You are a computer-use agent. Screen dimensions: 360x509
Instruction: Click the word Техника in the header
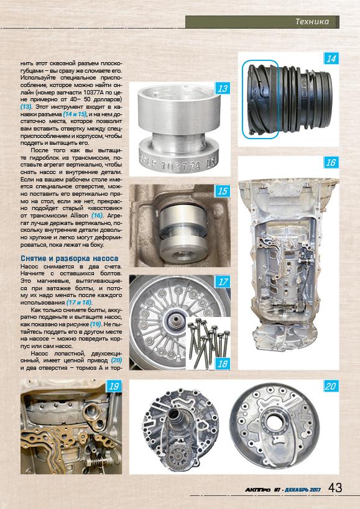(x=312, y=22)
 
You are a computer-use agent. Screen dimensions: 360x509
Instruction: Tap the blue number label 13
(x=223, y=88)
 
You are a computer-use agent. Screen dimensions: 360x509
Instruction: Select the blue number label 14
(x=331, y=59)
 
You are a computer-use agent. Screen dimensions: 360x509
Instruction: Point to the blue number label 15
(x=223, y=191)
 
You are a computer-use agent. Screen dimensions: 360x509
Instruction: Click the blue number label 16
(x=331, y=163)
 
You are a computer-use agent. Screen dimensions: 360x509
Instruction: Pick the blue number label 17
(x=223, y=282)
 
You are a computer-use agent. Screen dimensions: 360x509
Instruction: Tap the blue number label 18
(x=223, y=364)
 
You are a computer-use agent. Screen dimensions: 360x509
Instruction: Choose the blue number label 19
(x=114, y=387)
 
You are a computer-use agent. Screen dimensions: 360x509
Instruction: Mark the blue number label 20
(x=331, y=387)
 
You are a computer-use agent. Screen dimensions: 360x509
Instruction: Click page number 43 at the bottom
(x=335, y=488)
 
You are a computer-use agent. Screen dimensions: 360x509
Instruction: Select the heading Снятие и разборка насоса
(x=70, y=259)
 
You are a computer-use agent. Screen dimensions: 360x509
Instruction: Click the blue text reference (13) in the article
(x=26, y=107)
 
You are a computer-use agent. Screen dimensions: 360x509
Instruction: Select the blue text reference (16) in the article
(x=97, y=216)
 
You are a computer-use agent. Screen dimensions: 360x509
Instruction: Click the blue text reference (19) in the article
(x=96, y=324)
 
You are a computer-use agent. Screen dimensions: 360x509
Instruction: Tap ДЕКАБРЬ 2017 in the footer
(x=303, y=490)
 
